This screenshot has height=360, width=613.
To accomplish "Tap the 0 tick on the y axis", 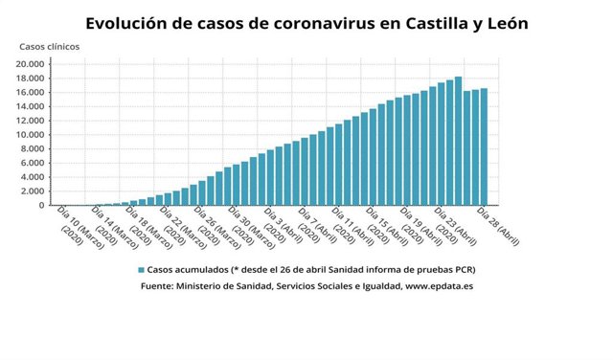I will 41,205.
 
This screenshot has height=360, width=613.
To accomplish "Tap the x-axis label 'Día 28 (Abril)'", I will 498,226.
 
